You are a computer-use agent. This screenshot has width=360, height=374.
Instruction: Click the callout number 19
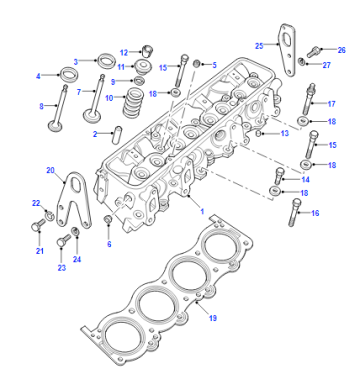coord(213,318)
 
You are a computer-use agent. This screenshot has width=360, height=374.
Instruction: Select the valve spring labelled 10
coord(133,102)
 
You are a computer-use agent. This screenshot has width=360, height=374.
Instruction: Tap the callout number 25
coord(259,46)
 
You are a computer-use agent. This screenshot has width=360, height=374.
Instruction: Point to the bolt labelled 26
coord(313,51)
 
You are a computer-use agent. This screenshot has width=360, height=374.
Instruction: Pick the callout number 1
coord(202,211)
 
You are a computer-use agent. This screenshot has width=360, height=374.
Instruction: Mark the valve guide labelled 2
coord(117,135)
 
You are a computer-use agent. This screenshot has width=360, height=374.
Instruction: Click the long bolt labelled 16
coord(294,212)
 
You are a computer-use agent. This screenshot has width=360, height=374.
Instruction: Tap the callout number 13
coord(284,133)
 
